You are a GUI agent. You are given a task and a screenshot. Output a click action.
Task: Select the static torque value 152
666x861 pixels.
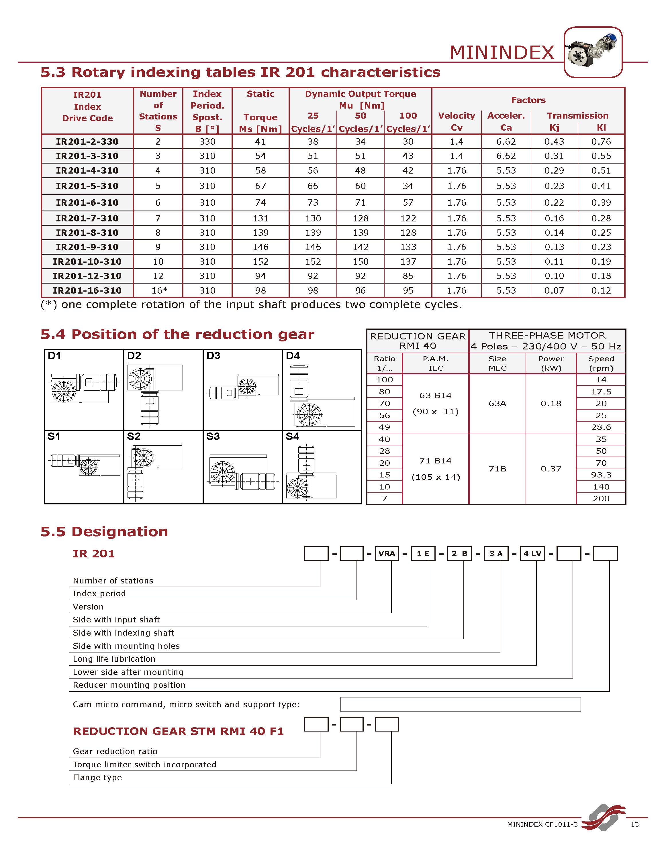(x=260, y=262)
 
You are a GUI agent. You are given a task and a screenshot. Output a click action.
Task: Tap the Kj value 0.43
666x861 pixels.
(x=554, y=141)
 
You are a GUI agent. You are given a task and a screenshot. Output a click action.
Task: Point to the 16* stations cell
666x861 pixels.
(x=158, y=290)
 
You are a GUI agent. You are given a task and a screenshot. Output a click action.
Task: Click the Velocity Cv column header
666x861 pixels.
(x=457, y=121)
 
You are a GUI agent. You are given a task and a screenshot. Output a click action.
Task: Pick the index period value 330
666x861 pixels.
(x=207, y=141)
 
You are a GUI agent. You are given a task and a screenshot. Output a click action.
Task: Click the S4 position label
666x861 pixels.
(x=292, y=437)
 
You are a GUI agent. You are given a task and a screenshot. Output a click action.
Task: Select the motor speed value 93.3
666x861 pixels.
(x=601, y=475)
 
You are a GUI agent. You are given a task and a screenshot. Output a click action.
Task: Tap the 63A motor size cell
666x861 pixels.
(x=497, y=403)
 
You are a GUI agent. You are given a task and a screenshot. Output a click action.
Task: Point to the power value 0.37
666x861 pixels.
(x=551, y=469)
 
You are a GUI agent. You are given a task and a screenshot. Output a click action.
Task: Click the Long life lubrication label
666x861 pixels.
(x=114, y=659)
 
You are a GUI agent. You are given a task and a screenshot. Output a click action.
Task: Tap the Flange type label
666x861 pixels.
(x=97, y=777)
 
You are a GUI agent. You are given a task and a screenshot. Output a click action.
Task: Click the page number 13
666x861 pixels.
(x=634, y=824)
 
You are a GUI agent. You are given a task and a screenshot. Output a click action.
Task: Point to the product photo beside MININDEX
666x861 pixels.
(x=593, y=52)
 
